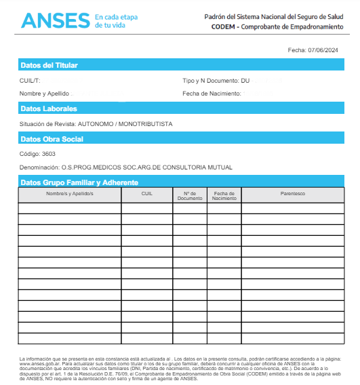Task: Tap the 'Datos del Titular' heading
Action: tap(49, 66)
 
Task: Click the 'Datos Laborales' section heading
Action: tap(49, 108)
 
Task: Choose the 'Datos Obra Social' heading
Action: tap(52, 139)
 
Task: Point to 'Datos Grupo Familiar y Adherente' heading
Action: tap(79, 182)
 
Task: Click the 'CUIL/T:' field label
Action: tap(31, 81)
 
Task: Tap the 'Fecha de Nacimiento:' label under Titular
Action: tap(212, 93)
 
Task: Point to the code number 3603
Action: tap(49, 154)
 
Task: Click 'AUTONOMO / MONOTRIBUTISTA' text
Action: tap(125, 124)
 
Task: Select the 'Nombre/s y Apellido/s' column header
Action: tap(69, 194)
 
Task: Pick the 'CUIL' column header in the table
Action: tap(147, 194)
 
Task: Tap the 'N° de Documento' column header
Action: tap(190, 196)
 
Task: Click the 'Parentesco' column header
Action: tap(293, 194)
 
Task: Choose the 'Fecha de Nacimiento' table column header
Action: tap(224, 196)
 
